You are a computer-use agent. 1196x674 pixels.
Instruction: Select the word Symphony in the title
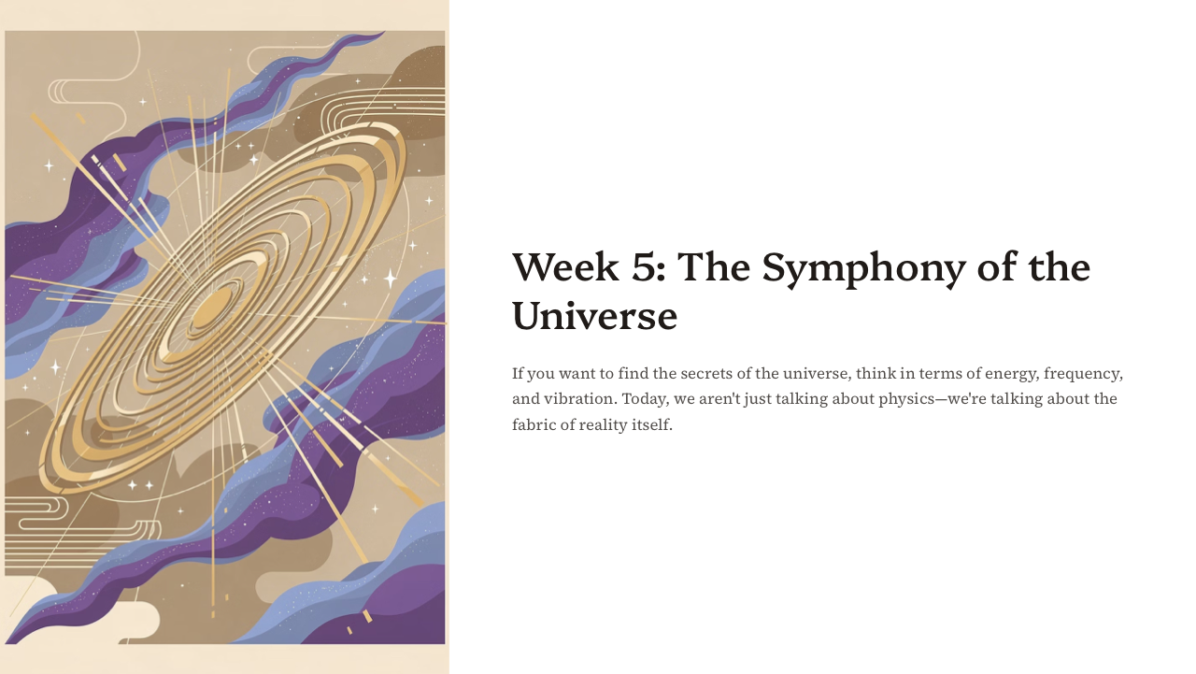pyautogui.click(x=863, y=268)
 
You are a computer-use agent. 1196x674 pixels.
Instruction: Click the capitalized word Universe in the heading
pyautogui.click(x=594, y=316)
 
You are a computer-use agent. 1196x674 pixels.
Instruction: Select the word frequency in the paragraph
pyautogui.click(x=1083, y=374)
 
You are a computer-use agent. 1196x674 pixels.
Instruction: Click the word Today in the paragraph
pyautogui.click(x=645, y=399)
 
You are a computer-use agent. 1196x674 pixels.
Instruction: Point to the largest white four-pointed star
pyautogui.click(x=391, y=278)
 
